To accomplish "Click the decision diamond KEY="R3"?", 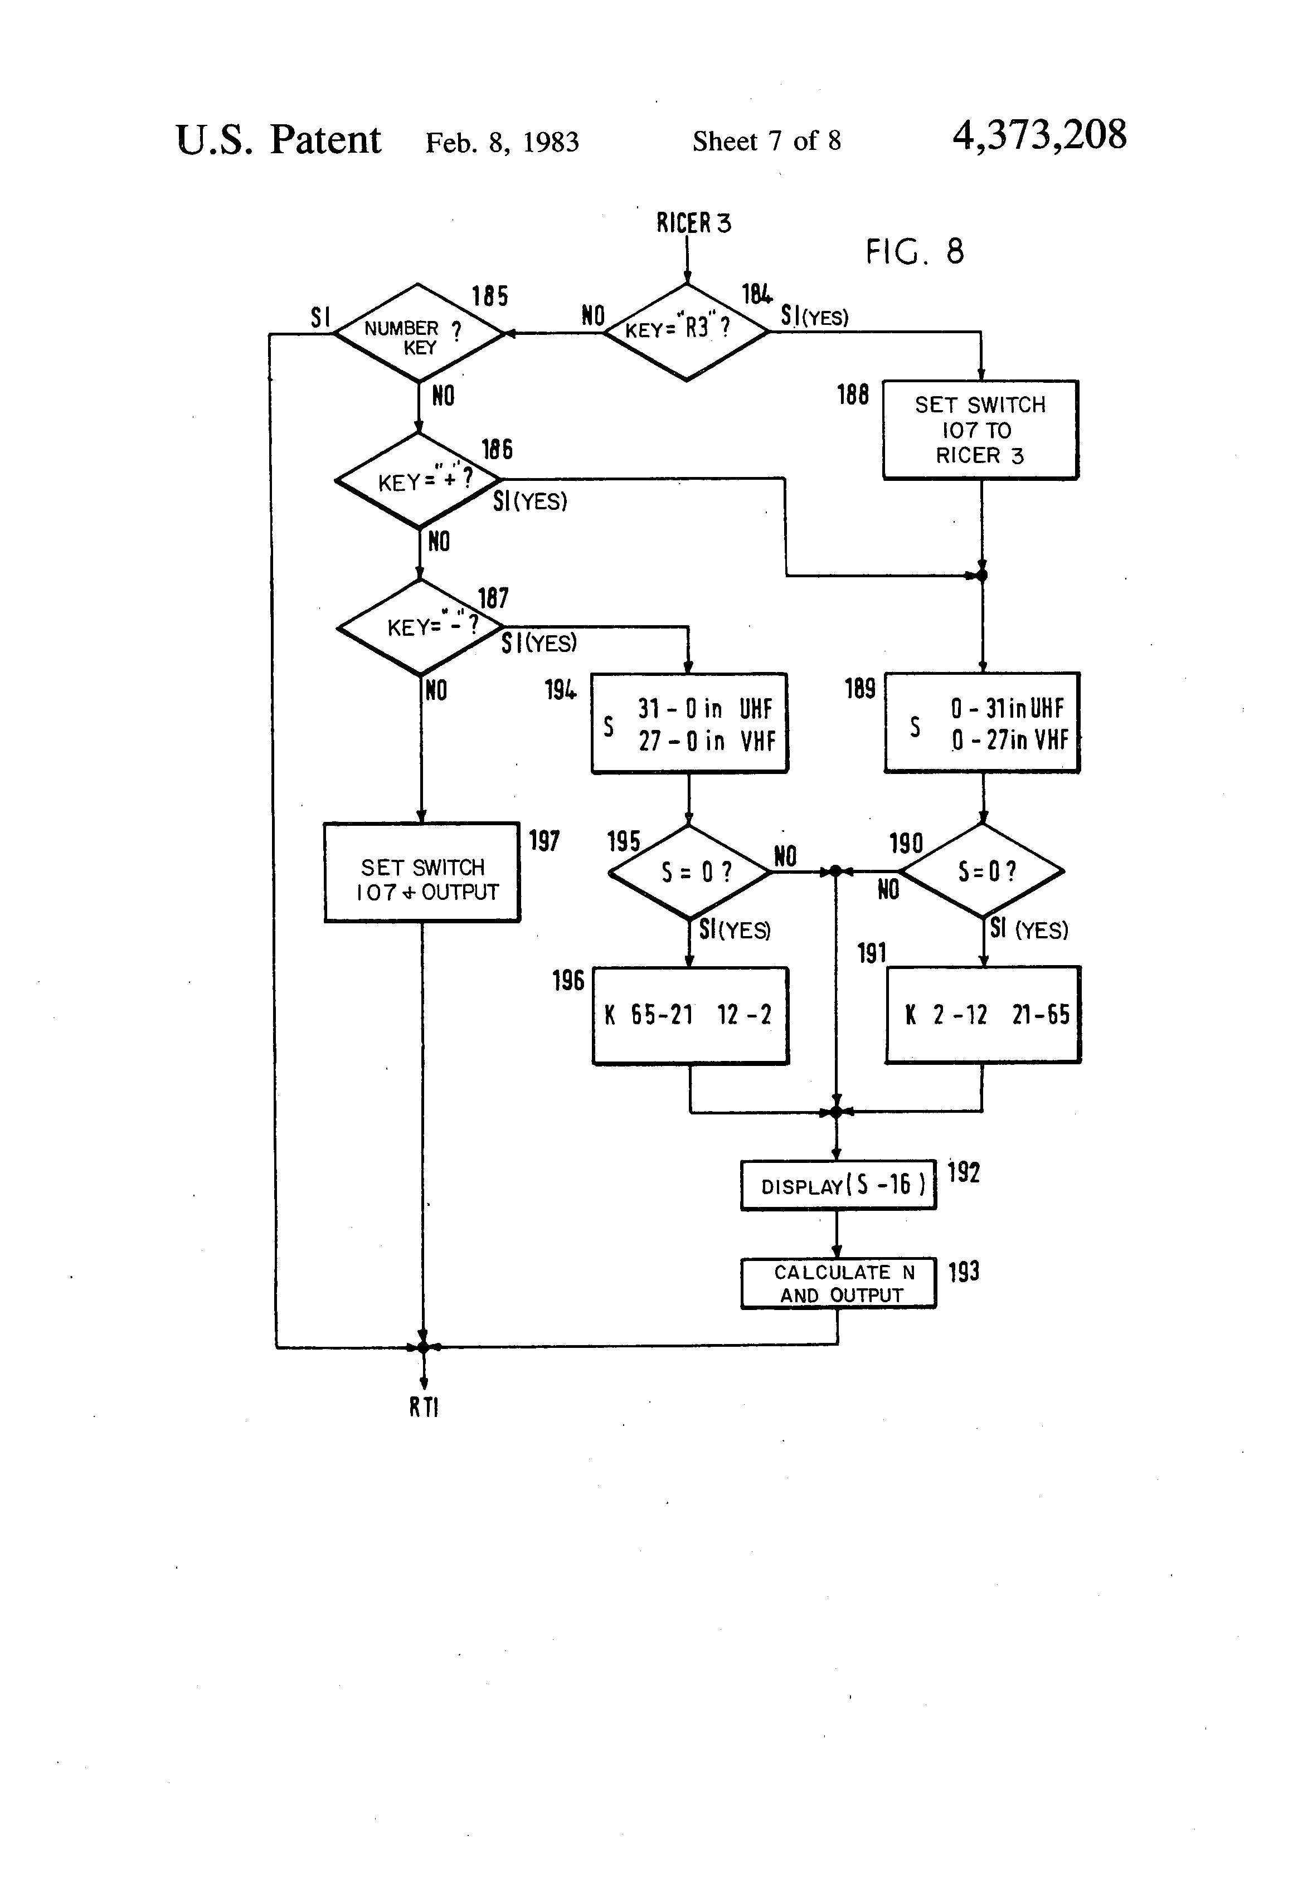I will coord(686,332).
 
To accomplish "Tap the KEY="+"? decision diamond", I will coord(419,480).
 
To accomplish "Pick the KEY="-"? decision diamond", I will coord(420,627).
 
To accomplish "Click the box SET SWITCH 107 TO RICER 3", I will coord(980,430).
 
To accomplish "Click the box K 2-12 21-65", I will coord(983,1015).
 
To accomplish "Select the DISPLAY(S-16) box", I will coord(838,1185).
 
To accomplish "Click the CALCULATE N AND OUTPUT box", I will coord(838,1283).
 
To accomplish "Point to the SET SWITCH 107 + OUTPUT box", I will coord(422,873).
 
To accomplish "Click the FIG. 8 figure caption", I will coord(915,252).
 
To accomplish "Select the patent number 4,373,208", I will coord(1039,135).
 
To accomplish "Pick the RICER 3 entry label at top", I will coord(693,223).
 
